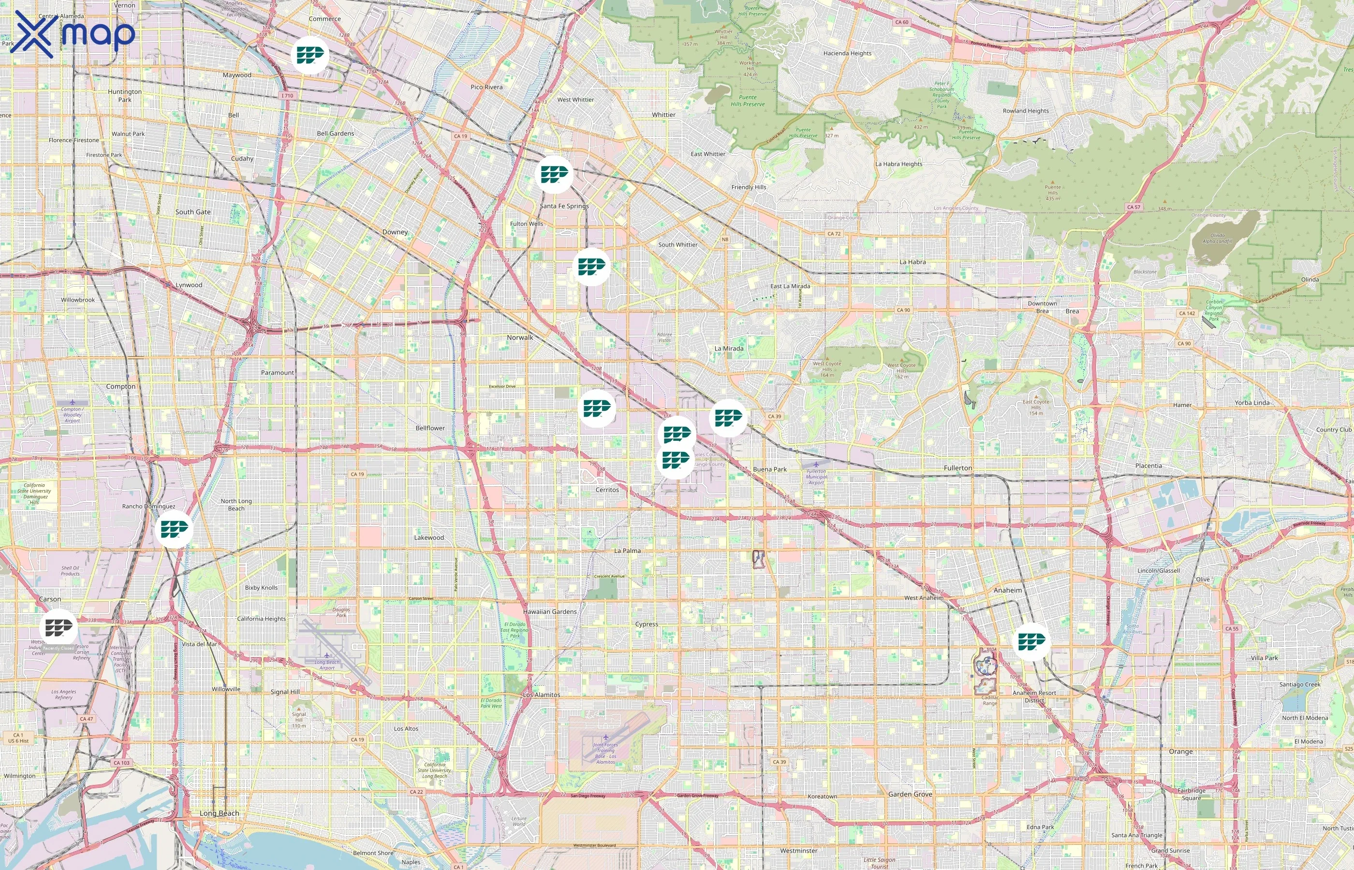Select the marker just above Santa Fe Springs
(554, 174)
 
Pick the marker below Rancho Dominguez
(174, 529)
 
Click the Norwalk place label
(519, 337)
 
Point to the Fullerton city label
(958, 468)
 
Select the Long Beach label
(219, 813)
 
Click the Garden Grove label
(910, 794)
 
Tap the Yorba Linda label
(1251, 403)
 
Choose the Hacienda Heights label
(847, 53)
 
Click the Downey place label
(395, 232)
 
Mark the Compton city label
(120, 386)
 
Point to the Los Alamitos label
(542, 694)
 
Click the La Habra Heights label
(898, 164)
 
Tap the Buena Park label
(770, 469)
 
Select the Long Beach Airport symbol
(326, 655)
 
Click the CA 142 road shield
(1187, 313)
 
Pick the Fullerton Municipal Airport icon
(816, 464)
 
